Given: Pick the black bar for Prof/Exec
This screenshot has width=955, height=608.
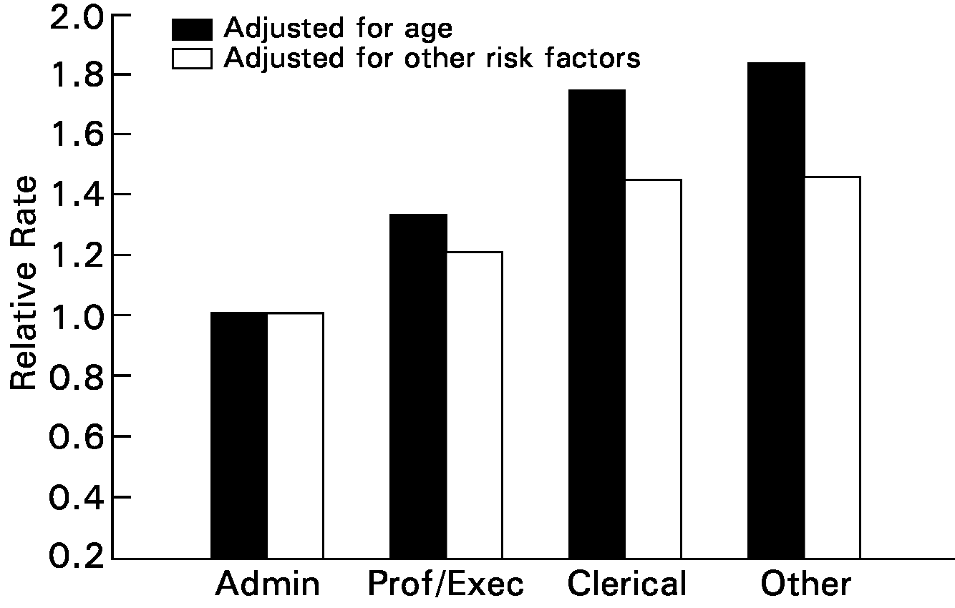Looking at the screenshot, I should pyautogui.click(x=418, y=386).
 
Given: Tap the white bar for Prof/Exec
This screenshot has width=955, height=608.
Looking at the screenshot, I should pyautogui.click(x=474, y=405).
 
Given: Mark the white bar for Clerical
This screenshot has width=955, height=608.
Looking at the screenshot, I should pyautogui.click(x=653, y=368).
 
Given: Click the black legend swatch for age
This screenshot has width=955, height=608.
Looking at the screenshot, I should pyautogui.click(x=192, y=29).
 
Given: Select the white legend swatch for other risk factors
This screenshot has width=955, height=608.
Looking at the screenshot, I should pyautogui.click(x=192, y=58).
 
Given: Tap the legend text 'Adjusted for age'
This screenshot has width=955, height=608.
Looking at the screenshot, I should pyautogui.click(x=338, y=29).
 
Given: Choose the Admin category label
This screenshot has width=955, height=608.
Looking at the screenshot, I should pyautogui.click(x=267, y=584).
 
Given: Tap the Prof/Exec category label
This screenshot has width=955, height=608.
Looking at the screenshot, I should pyautogui.click(x=445, y=584).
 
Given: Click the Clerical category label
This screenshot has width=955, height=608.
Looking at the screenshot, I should pyautogui.click(x=626, y=584).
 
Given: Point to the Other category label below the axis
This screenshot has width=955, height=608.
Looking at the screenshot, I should pyautogui.click(x=805, y=584).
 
